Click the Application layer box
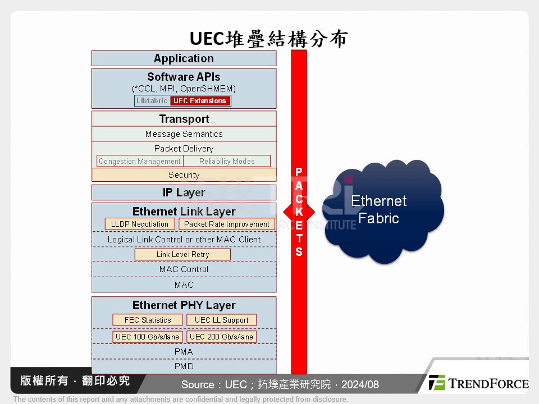click(x=184, y=58)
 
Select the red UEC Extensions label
click(x=200, y=101)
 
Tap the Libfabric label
click(x=152, y=101)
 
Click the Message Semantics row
click(x=184, y=134)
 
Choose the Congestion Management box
click(x=140, y=161)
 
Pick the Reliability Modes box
click(x=227, y=161)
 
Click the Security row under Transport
click(x=184, y=175)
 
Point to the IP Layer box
click(x=184, y=192)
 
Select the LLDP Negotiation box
click(x=140, y=224)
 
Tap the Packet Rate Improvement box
click(x=227, y=224)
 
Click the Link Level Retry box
click(x=182, y=255)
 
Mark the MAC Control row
click(x=184, y=269)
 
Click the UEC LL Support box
click(x=221, y=320)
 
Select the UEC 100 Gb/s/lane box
click(x=147, y=337)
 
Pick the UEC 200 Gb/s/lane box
click(x=221, y=337)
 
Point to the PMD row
click(x=184, y=366)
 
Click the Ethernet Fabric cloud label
click(x=379, y=209)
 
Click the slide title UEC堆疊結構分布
click(x=269, y=38)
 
